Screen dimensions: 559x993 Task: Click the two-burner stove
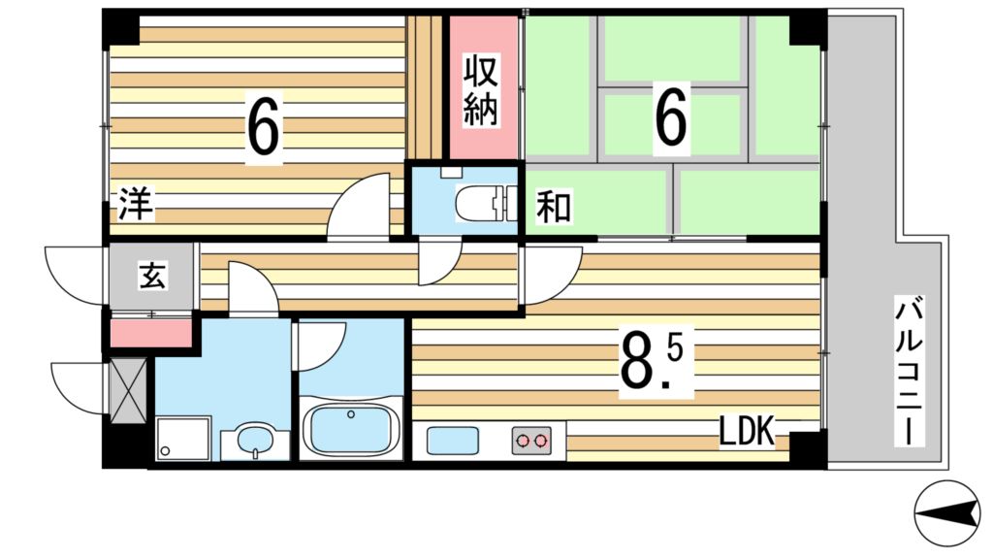[532, 441]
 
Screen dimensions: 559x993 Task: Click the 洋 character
[137, 207]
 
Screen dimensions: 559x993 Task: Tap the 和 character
[554, 208]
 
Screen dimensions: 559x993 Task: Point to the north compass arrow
[946, 513]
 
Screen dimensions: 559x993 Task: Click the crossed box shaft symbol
[127, 393]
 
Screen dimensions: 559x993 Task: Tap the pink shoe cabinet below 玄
[151, 333]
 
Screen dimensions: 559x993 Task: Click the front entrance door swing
[75, 277]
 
